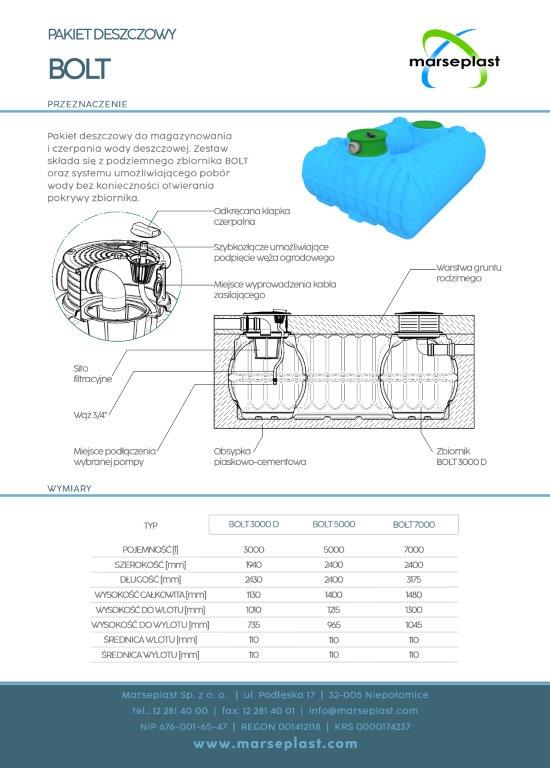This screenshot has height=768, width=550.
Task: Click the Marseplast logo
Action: (454, 59)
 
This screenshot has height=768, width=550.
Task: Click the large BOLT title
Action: (79, 69)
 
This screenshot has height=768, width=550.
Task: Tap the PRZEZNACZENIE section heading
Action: (87, 104)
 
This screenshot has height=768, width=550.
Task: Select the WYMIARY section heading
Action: (69, 488)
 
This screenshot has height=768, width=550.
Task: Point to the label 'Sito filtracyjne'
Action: (93, 374)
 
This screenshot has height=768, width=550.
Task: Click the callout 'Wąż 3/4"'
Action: (90, 415)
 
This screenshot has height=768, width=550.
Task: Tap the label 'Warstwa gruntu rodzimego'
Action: (469, 273)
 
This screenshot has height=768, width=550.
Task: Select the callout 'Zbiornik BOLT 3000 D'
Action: (461, 456)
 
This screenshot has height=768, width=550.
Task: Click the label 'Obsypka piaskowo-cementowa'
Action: (260, 456)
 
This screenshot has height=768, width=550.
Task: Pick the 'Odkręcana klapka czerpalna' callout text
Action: (252, 216)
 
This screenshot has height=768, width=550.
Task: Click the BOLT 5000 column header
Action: (334, 524)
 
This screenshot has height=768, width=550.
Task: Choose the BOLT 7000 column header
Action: (414, 524)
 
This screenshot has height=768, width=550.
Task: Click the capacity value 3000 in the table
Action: (254, 550)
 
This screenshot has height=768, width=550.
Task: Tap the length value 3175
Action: (414, 579)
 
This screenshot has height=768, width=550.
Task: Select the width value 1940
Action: (254, 565)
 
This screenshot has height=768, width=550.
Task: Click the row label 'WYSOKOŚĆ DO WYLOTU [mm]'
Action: (150, 624)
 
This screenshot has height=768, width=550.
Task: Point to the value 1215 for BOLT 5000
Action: (334, 610)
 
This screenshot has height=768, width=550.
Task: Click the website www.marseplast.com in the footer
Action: (275, 744)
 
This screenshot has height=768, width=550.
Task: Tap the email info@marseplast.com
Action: (363, 711)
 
